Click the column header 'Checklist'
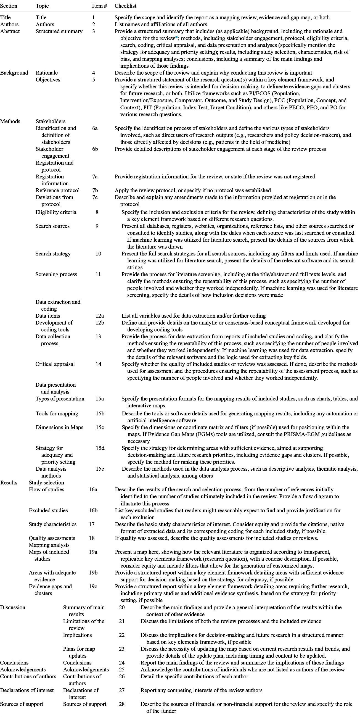pyautogui.click(x=125, y=6)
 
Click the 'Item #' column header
pyautogui.click(x=100, y=6)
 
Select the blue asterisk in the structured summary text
pyautogui.click(x=176, y=38)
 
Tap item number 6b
pyautogui.click(x=95, y=149)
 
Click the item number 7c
pyautogui.click(x=95, y=197)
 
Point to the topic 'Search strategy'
pyautogui.click(x=53, y=254)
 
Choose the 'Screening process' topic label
pyautogui.click(x=56, y=274)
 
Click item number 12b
pyautogui.click(x=99, y=323)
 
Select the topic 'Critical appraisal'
pyautogui.click(x=55, y=364)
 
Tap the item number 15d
pyautogui.click(x=100, y=448)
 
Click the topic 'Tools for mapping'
pyautogui.click(x=57, y=414)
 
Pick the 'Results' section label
pyautogui.click(x=9, y=483)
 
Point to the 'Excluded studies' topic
pyautogui.click(x=48, y=510)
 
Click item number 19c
pyautogui.click(x=93, y=586)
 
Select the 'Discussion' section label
pyautogui.click(x=12, y=607)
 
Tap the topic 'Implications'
pyautogui.click(x=77, y=635)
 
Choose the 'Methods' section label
pyautogui.click(x=10, y=121)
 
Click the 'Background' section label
pyautogui.click(x=14, y=73)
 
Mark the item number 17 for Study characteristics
pyautogui.click(x=92, y=524)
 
